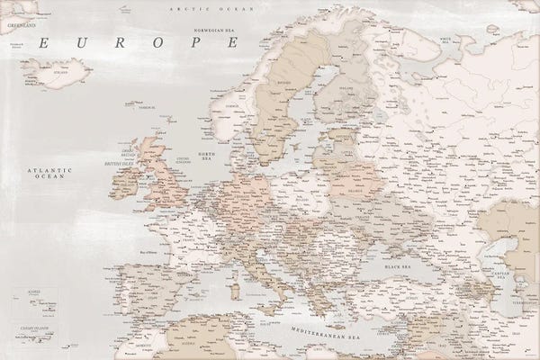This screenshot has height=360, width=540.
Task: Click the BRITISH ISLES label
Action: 118,163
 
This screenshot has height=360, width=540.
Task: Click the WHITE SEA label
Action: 445,39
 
